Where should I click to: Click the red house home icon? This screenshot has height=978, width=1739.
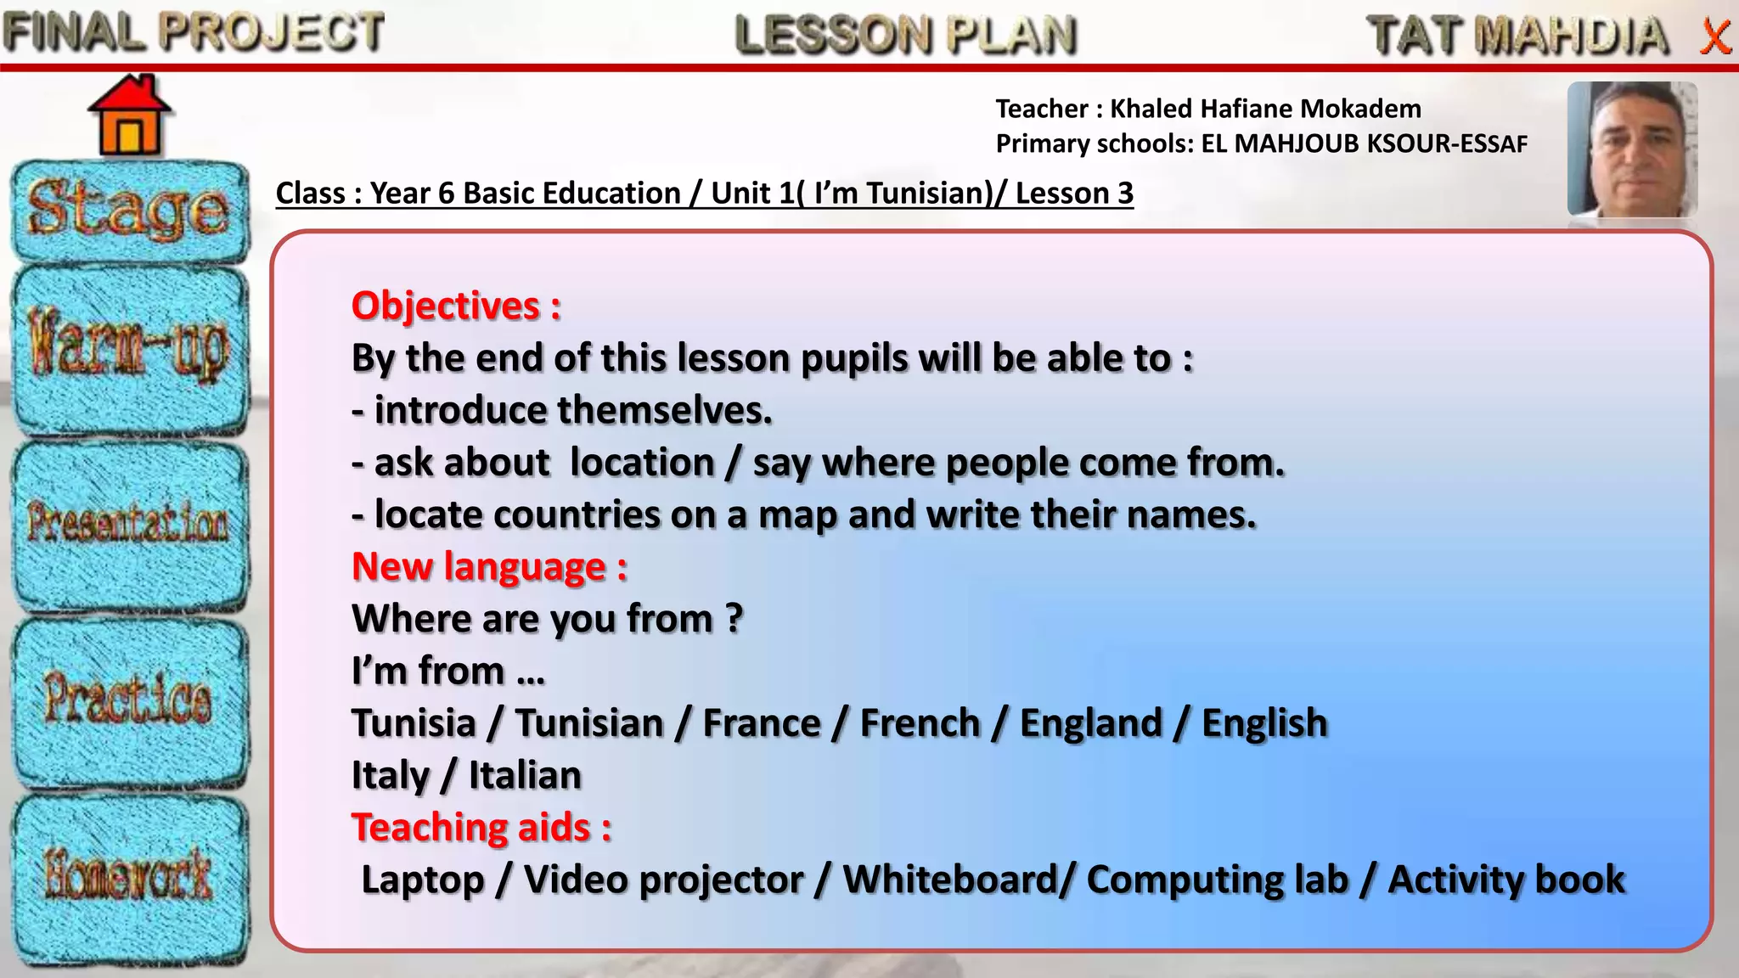coord(129,116)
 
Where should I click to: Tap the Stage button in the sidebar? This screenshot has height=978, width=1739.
coord(129,211)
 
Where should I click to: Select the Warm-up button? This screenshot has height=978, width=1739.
coord(129,348)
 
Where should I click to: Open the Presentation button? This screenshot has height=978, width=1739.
coord(129,522)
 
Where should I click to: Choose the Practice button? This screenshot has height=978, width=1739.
coord(129,700)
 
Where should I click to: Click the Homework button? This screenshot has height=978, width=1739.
coord(129,874)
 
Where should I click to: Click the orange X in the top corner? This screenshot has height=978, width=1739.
coord(1715,37)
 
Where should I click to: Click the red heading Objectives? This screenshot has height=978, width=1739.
coord(456,306)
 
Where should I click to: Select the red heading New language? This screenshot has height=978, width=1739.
coord(489,567)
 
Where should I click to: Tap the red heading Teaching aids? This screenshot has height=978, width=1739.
coord(481,828)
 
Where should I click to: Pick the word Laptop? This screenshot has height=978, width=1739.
coord(422,880)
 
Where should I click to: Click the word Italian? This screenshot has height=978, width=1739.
coord(525,776)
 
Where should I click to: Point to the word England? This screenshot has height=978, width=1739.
coord(1090,723)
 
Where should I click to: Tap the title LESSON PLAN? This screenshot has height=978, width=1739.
coord(905,35)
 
